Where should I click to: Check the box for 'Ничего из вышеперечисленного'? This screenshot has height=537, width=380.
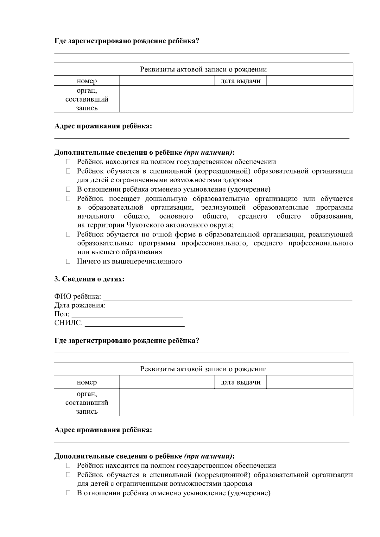[x=68, y=262]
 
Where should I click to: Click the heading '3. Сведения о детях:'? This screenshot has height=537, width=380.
[x=89, y=279]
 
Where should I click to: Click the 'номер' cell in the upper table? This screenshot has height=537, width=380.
[x=87, y=81]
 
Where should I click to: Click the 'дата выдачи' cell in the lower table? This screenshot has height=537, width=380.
[x=240, y=382]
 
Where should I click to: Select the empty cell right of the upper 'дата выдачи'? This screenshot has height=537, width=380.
[x=309, y=81]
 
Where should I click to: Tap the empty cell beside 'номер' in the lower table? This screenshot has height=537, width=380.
[x=167, y=382]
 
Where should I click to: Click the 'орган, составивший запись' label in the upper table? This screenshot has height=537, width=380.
[x=87, y=99]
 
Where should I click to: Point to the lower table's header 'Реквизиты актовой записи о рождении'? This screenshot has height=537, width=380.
[x=203, y=369]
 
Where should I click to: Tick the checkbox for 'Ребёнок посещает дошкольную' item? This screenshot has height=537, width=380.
[x=68, y=199]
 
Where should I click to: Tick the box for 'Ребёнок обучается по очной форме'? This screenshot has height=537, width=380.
[x=68, y=235]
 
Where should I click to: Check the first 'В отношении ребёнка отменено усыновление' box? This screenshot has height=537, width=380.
[x=68, y=189]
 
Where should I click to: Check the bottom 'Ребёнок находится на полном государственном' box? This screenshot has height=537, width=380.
[x=68, y=466]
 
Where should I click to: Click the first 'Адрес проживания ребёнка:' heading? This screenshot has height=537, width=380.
[x=103, y=127]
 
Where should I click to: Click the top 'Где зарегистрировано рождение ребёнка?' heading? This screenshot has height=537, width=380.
[x=127, y=41]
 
